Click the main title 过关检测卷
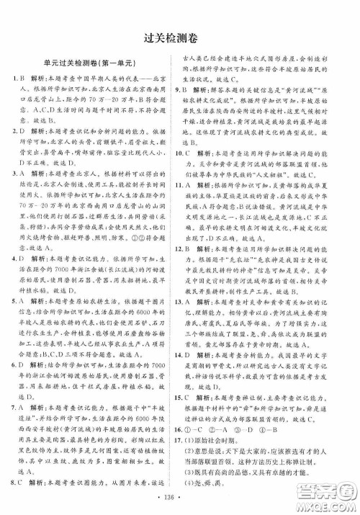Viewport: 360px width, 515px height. click(x=180, y=37)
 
